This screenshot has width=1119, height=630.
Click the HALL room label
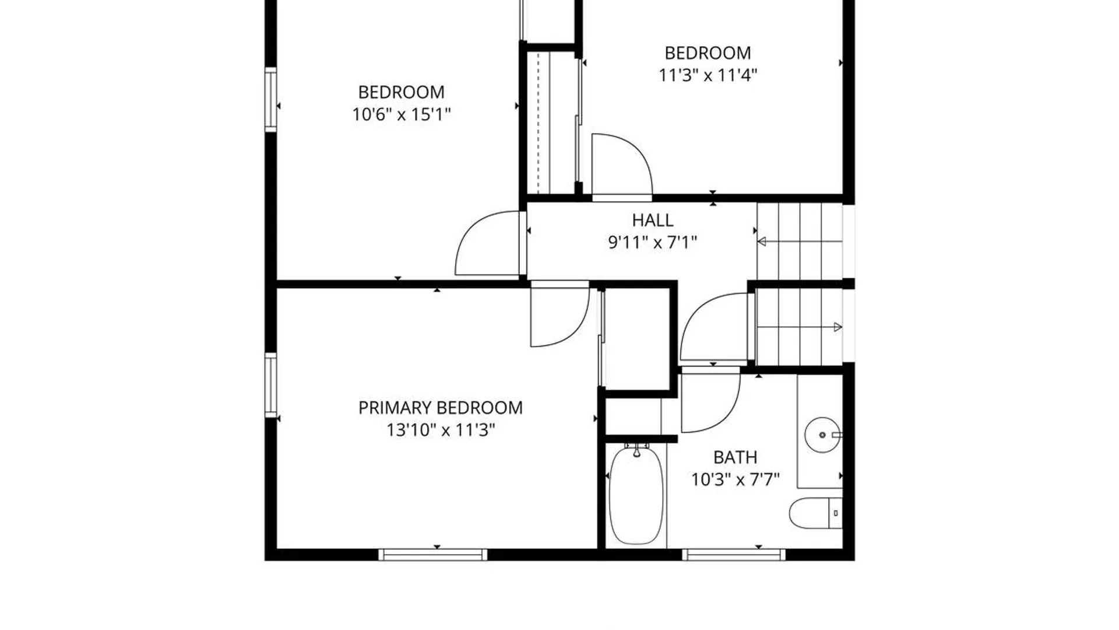click(x=653, y=220)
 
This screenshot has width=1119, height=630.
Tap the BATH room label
click(x=735, y=457)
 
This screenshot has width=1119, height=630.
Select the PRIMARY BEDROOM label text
click(x=440, y=408)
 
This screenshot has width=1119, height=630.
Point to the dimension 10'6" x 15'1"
click(x=402, y=114)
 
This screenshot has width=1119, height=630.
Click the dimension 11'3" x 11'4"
click(x=708, y=75)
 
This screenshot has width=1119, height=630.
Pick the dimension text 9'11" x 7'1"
click(x=653, y=242)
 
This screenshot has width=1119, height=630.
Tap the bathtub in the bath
click(x=636, y=494)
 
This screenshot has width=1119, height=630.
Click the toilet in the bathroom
click(x=815, y=513)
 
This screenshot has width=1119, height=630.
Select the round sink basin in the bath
click(x=822, y=435)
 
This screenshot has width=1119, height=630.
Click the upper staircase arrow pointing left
click(x=800, y=242)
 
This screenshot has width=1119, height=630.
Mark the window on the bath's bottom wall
click(x=733, y=554)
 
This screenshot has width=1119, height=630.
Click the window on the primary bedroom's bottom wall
click(x=432, y=554)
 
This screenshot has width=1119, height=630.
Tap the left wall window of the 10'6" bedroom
click(x=270, y=100)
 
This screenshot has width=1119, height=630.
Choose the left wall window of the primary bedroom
click(x=270, y=385)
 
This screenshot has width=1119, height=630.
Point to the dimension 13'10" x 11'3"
click(x=441, y=430)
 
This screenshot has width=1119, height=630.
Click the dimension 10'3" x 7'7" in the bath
click(x=735, y=480)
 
